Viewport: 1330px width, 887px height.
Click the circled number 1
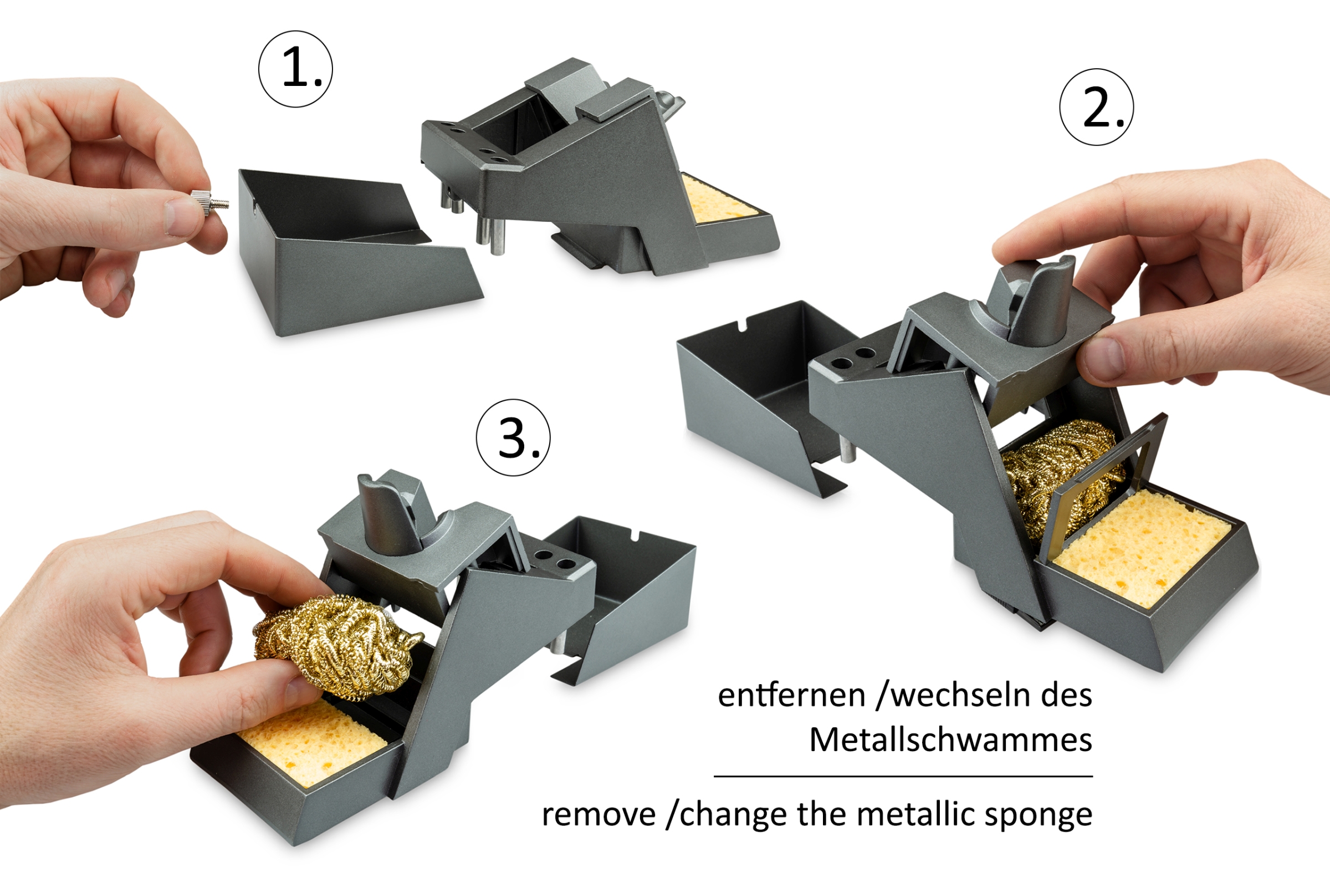tap(295, 69)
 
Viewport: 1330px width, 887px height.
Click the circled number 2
tap(1097, 107)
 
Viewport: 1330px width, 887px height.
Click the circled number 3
tap(513, 438)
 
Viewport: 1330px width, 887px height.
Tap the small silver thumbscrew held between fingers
tap(209, 202)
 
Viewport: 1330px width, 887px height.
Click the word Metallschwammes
tap(950, 740)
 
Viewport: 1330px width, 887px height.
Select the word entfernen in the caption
tap(792, 695)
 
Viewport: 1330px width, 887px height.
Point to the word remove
tap(599, 815)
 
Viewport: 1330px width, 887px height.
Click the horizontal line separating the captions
tap(903, 777)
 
